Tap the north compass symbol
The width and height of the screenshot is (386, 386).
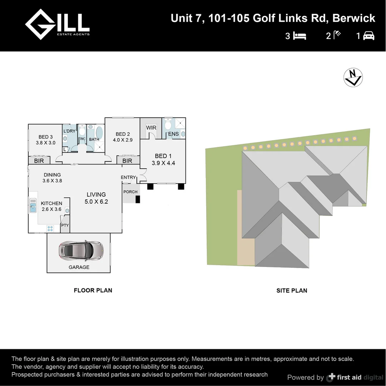pos(353,78)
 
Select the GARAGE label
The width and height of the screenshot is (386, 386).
pos(79,267)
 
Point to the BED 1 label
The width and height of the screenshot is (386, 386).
pos(163,156)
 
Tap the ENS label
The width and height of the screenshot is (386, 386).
pos(173,134)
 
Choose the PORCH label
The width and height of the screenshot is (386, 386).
pos(130,192)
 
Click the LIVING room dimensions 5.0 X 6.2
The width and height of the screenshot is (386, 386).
pos(96,202)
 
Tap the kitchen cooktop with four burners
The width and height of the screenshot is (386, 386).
pos(50,229)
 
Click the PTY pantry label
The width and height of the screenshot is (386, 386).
pos(65,226)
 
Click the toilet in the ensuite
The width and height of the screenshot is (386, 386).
pos(168,125)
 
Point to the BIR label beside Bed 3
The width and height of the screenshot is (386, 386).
pos(39,161)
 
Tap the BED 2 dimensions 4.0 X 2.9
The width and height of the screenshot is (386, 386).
pos(123,140)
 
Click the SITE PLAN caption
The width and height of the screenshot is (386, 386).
pos(292,291)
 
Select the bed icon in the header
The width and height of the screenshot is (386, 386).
pos(300,36)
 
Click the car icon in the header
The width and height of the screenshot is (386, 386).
pos(368,36)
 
